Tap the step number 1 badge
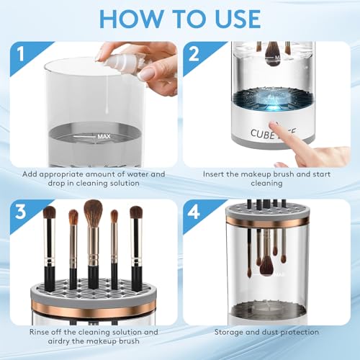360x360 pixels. coord(21,54)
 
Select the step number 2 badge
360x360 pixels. coord(194,54)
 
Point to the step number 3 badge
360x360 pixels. coord(21,212)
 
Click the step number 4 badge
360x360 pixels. coord(194,212)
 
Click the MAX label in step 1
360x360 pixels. coord(104,137)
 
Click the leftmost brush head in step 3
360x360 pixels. coord(49,213)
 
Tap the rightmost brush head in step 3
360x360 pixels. coord(136,212)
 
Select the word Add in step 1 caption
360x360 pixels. coord(30,174)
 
